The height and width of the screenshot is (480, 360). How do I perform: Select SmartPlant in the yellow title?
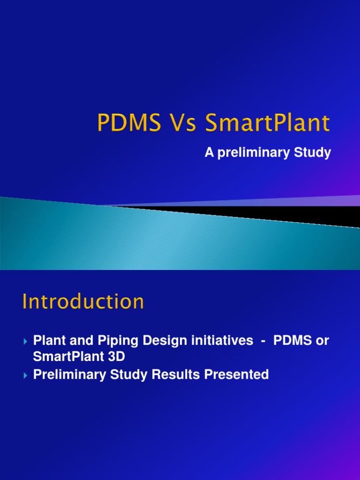point(268,124)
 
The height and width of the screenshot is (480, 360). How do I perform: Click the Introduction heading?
point(83,301)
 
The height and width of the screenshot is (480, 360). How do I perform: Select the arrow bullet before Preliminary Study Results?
point(26,375)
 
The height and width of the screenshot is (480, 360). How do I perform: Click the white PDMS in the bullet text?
point(293,341)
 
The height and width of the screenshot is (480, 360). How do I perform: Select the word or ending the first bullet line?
point(322,341)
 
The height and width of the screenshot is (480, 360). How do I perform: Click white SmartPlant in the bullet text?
point(67,356)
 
